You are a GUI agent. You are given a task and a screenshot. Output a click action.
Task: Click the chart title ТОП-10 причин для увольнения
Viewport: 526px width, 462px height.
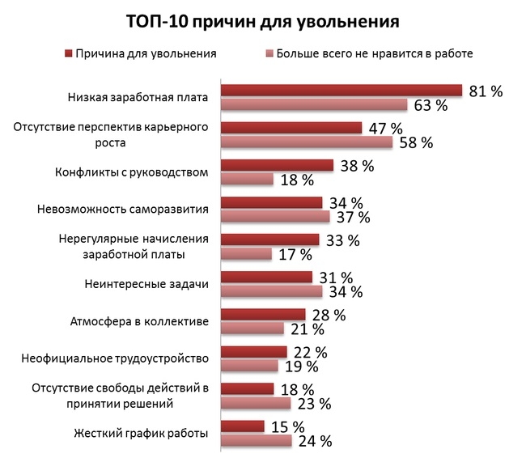[x=262, y=20]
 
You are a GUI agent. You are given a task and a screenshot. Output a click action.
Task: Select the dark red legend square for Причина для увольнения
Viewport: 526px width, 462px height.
[x=67, y=54]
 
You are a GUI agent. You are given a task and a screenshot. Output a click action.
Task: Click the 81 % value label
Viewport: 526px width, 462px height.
[x=486, y=91]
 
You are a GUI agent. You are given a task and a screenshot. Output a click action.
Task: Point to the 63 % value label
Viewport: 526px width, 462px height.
[x=430, y=105]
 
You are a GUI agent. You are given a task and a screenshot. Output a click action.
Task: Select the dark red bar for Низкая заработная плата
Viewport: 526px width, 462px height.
[x=341, y=91]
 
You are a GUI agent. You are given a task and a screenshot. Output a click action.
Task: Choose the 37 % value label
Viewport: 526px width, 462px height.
[x=352, y=217]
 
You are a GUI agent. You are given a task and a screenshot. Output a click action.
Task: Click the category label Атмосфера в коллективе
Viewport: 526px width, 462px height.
[x=140, y=321]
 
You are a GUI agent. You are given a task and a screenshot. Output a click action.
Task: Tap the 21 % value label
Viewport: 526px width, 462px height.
[x=307, y=329]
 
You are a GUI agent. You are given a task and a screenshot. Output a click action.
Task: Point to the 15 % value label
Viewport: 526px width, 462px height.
[x=286, y=426]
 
